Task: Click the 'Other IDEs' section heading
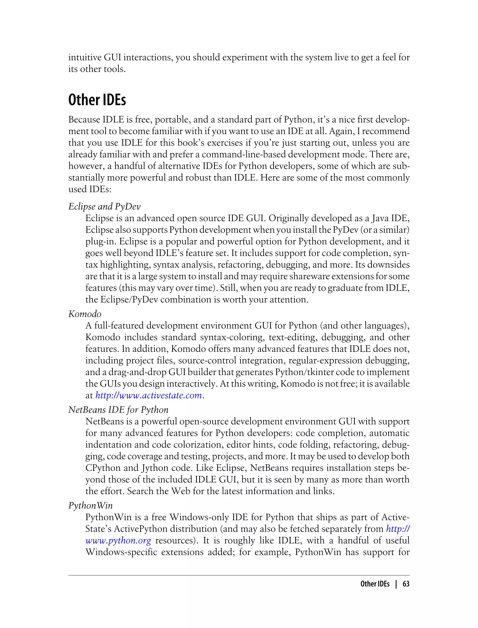[x=97, y=100]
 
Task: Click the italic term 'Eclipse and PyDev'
[x=104, y=207]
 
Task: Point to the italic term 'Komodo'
[x=85, y=314]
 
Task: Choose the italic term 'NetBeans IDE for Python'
[x=118, y=410]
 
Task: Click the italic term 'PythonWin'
[x=91, y=506]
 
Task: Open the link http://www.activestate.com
[x=148, y=396]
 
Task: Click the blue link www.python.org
[x=118, y=541]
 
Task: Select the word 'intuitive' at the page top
[x=85, y=57]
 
